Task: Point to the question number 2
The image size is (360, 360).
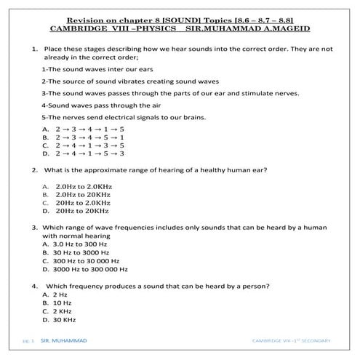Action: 35,169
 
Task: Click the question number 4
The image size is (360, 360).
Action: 35,286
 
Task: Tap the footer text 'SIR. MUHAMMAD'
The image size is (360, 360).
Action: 64,340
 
